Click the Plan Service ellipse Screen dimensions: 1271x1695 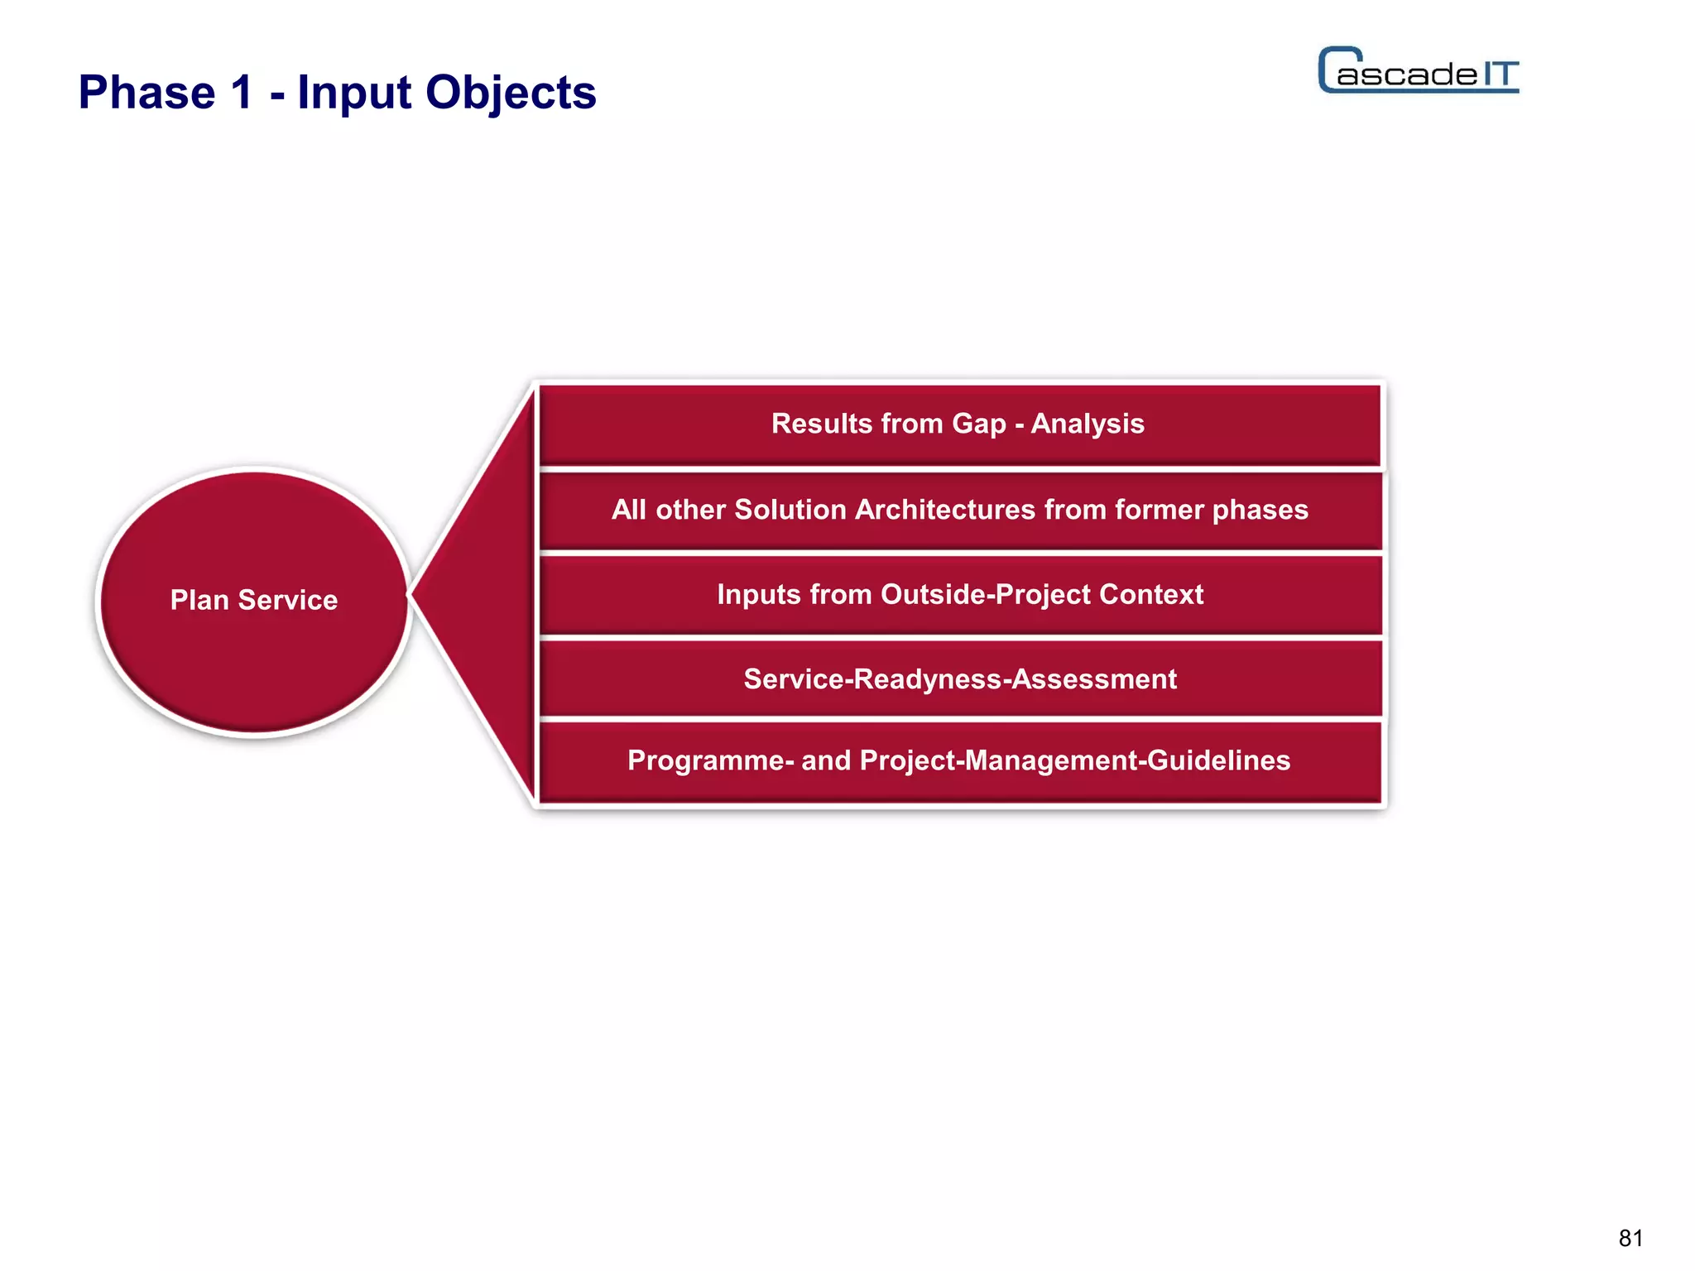pos(254,601)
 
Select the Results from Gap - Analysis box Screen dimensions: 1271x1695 pos(958,424)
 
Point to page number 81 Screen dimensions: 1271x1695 pos(1630,1238)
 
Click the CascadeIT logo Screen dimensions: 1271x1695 pos(1418,71)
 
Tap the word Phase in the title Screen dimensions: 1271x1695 pos(146,93)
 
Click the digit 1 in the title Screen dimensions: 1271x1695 pos(242,93)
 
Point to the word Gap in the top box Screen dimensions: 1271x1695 pos(979,424)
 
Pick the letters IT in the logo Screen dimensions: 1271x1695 pos(1499,74)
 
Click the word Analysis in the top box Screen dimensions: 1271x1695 pos(1088,424)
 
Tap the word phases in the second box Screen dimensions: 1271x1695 pos(1260,510)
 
